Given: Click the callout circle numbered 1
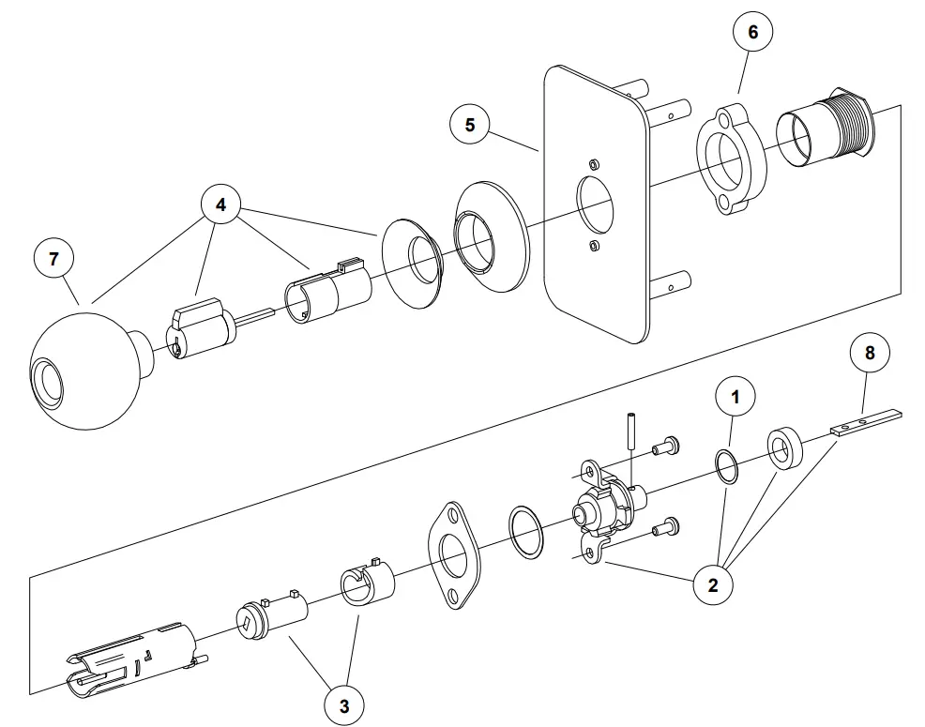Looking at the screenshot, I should click(735, 397).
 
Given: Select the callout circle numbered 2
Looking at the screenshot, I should click(713, 586).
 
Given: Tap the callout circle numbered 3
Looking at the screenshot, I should click(344, 706).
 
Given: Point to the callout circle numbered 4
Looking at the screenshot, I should click(221, 205).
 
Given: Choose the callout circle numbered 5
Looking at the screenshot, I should click(470, 125).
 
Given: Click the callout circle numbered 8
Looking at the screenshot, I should click(870, 354).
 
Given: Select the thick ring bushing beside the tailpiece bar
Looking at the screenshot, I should click(782, 449).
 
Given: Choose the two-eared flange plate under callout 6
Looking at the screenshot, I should click(732, 159).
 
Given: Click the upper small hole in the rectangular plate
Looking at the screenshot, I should click(592, 163).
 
